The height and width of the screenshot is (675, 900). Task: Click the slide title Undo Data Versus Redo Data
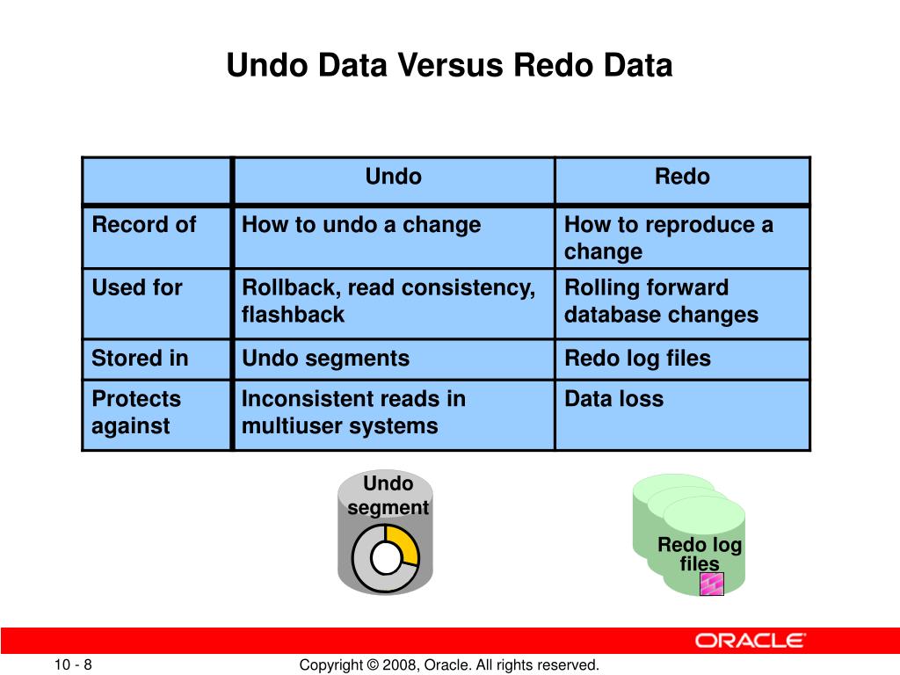point(449,66)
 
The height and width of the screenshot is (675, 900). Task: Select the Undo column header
point(393,178)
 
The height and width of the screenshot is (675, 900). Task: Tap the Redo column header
point(682,178)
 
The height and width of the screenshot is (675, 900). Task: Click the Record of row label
point(144,225)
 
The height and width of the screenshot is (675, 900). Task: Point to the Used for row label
point(137,288)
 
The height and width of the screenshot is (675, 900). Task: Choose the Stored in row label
point(141,359)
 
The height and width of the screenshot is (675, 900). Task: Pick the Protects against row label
point(136,412)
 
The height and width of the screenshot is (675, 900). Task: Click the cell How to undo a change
point(361,225)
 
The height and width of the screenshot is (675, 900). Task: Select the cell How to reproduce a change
point(668,238)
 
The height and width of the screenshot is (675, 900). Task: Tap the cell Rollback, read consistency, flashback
point(388,301)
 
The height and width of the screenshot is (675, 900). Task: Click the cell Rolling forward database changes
point(661,301)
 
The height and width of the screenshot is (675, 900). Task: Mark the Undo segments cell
point(325,359)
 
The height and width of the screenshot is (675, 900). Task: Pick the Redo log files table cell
point(637,359)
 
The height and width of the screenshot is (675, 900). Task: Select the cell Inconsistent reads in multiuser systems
point(353,412)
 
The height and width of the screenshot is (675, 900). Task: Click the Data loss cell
point(613,399)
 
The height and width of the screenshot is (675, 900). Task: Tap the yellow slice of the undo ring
point(403,541)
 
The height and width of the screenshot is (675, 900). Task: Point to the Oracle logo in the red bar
point(750,640)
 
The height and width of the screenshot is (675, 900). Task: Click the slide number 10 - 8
point(73,665)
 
